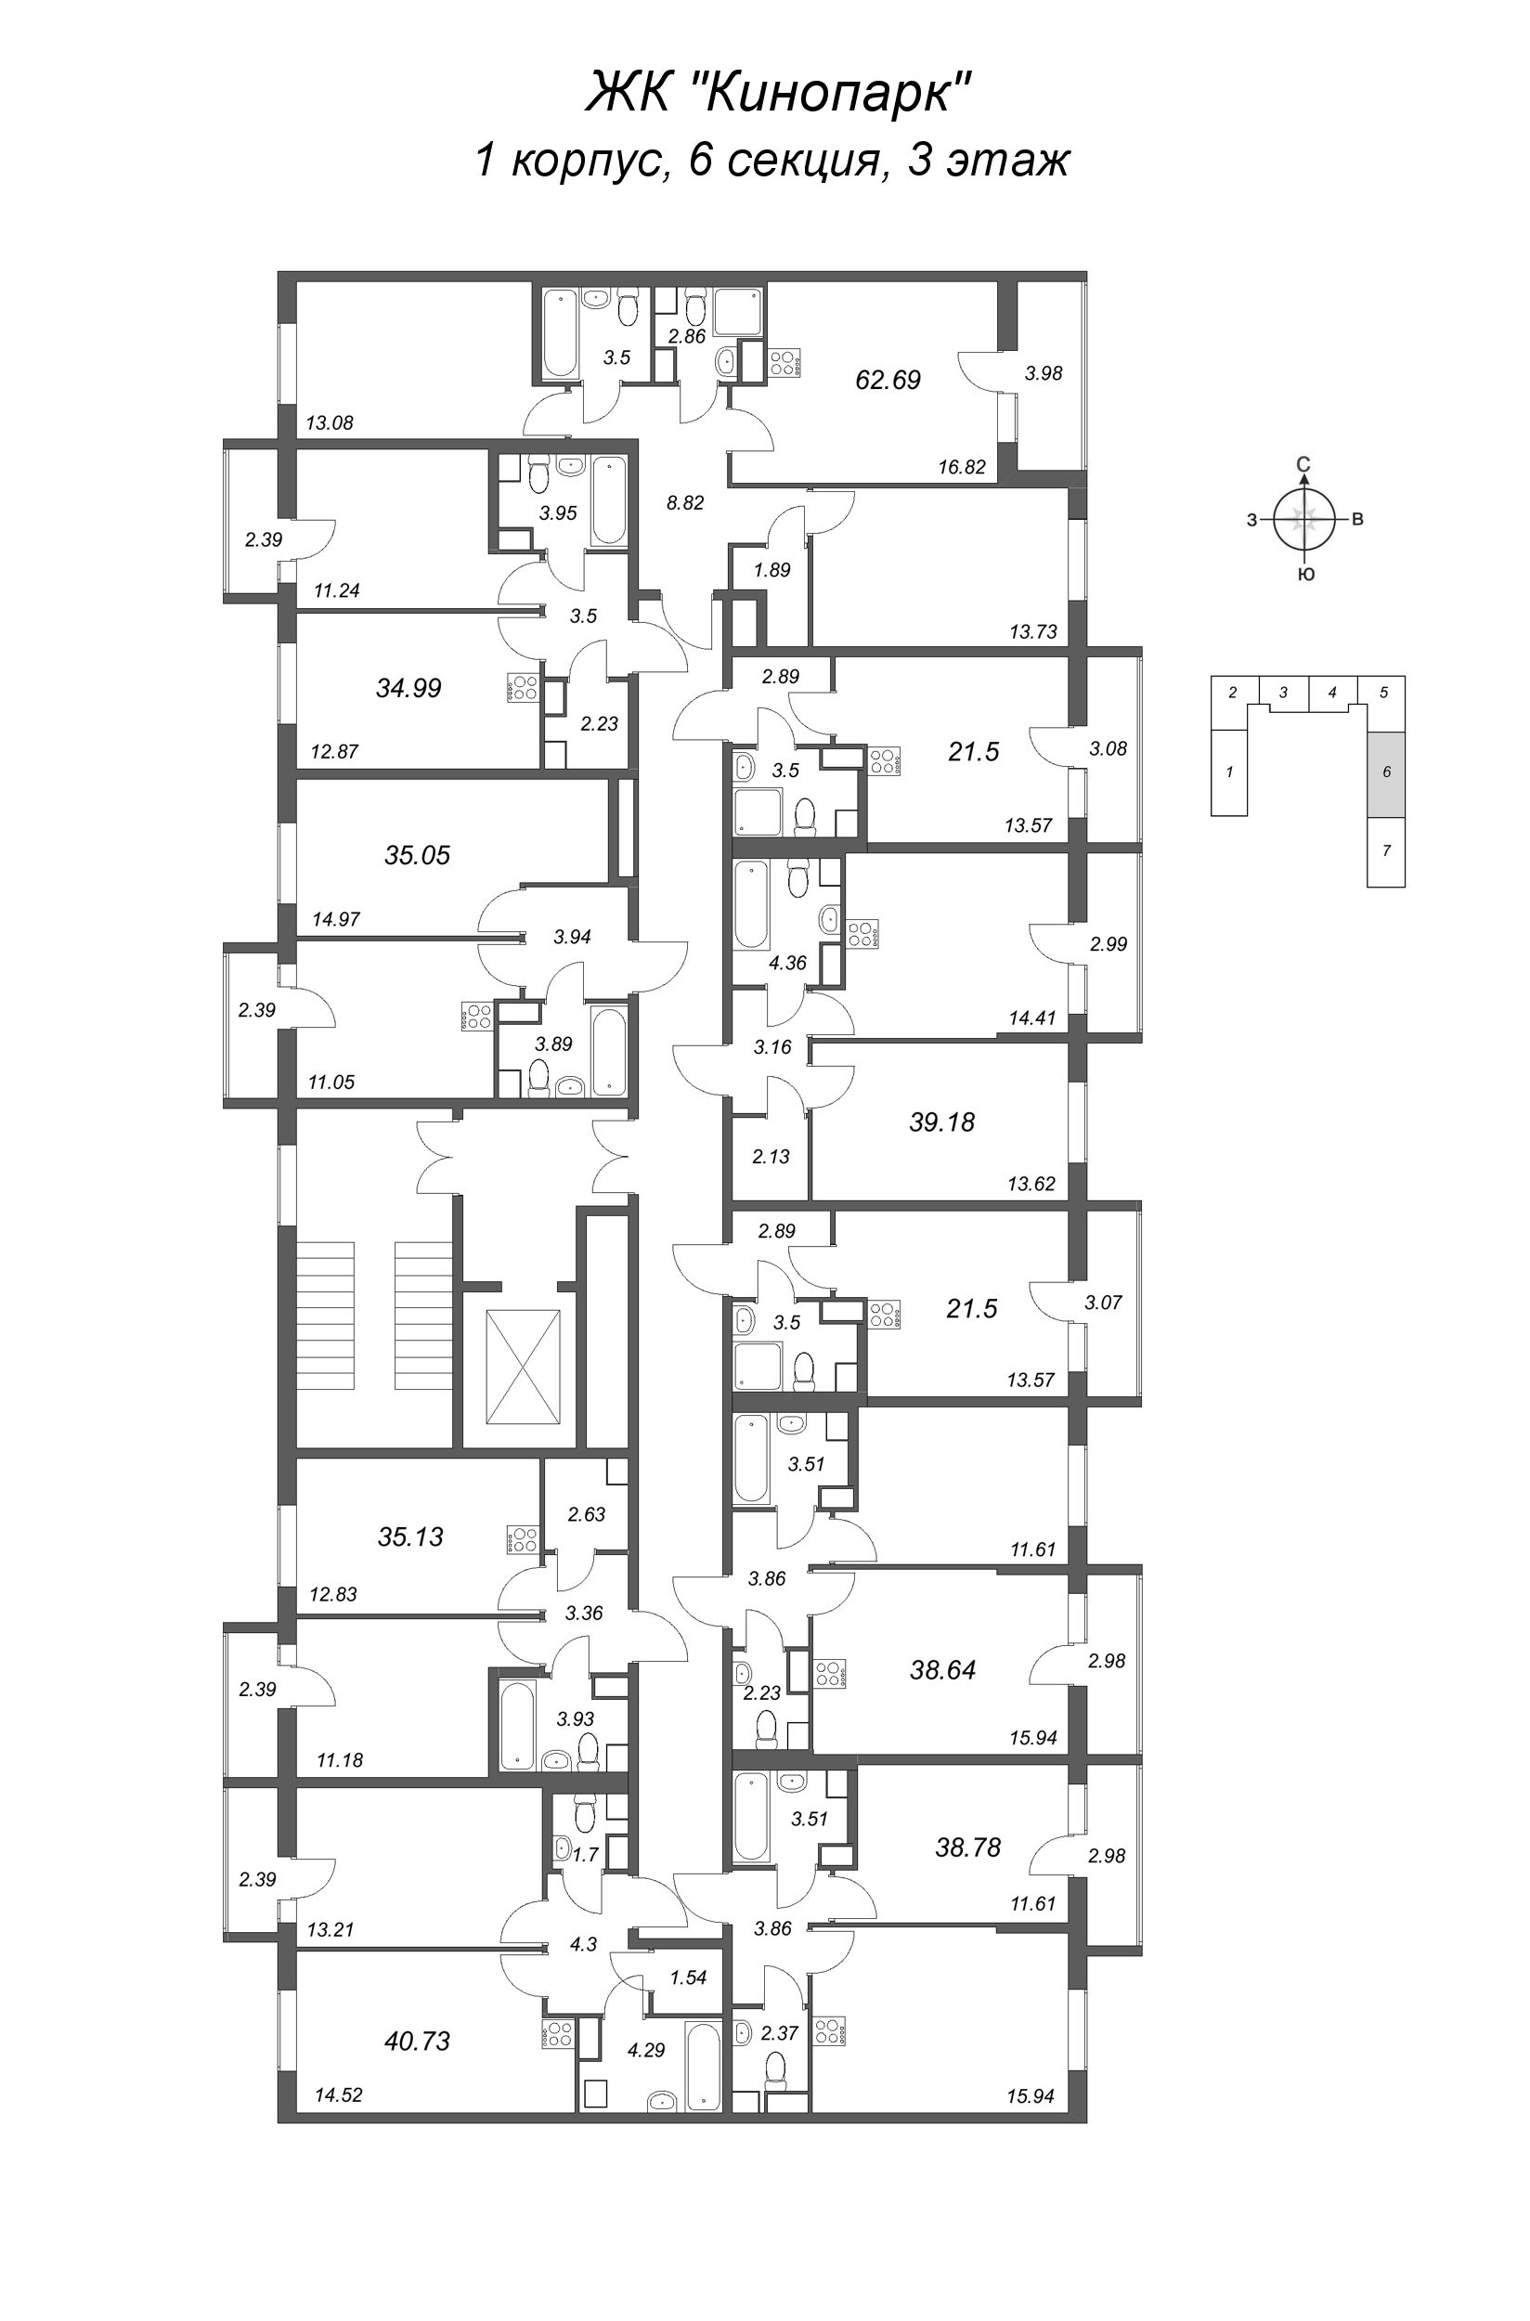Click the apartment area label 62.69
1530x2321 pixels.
[x=888, y=380]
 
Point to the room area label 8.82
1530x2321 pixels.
[x=685, y=503]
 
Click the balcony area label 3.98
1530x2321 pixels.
[x=1044, y=372]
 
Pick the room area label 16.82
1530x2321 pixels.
[x=962, y=467]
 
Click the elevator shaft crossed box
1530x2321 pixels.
[x=524, y=1367]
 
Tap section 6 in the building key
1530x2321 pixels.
[x=1385, y=772]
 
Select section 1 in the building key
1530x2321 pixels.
[x=1229, y=772]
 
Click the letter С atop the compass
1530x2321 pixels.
[x=1303, y=464]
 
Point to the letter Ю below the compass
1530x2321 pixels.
[x=1305, y=575]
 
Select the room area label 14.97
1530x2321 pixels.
[x=336, y=919]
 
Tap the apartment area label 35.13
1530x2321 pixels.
[x=410, y=1537]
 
